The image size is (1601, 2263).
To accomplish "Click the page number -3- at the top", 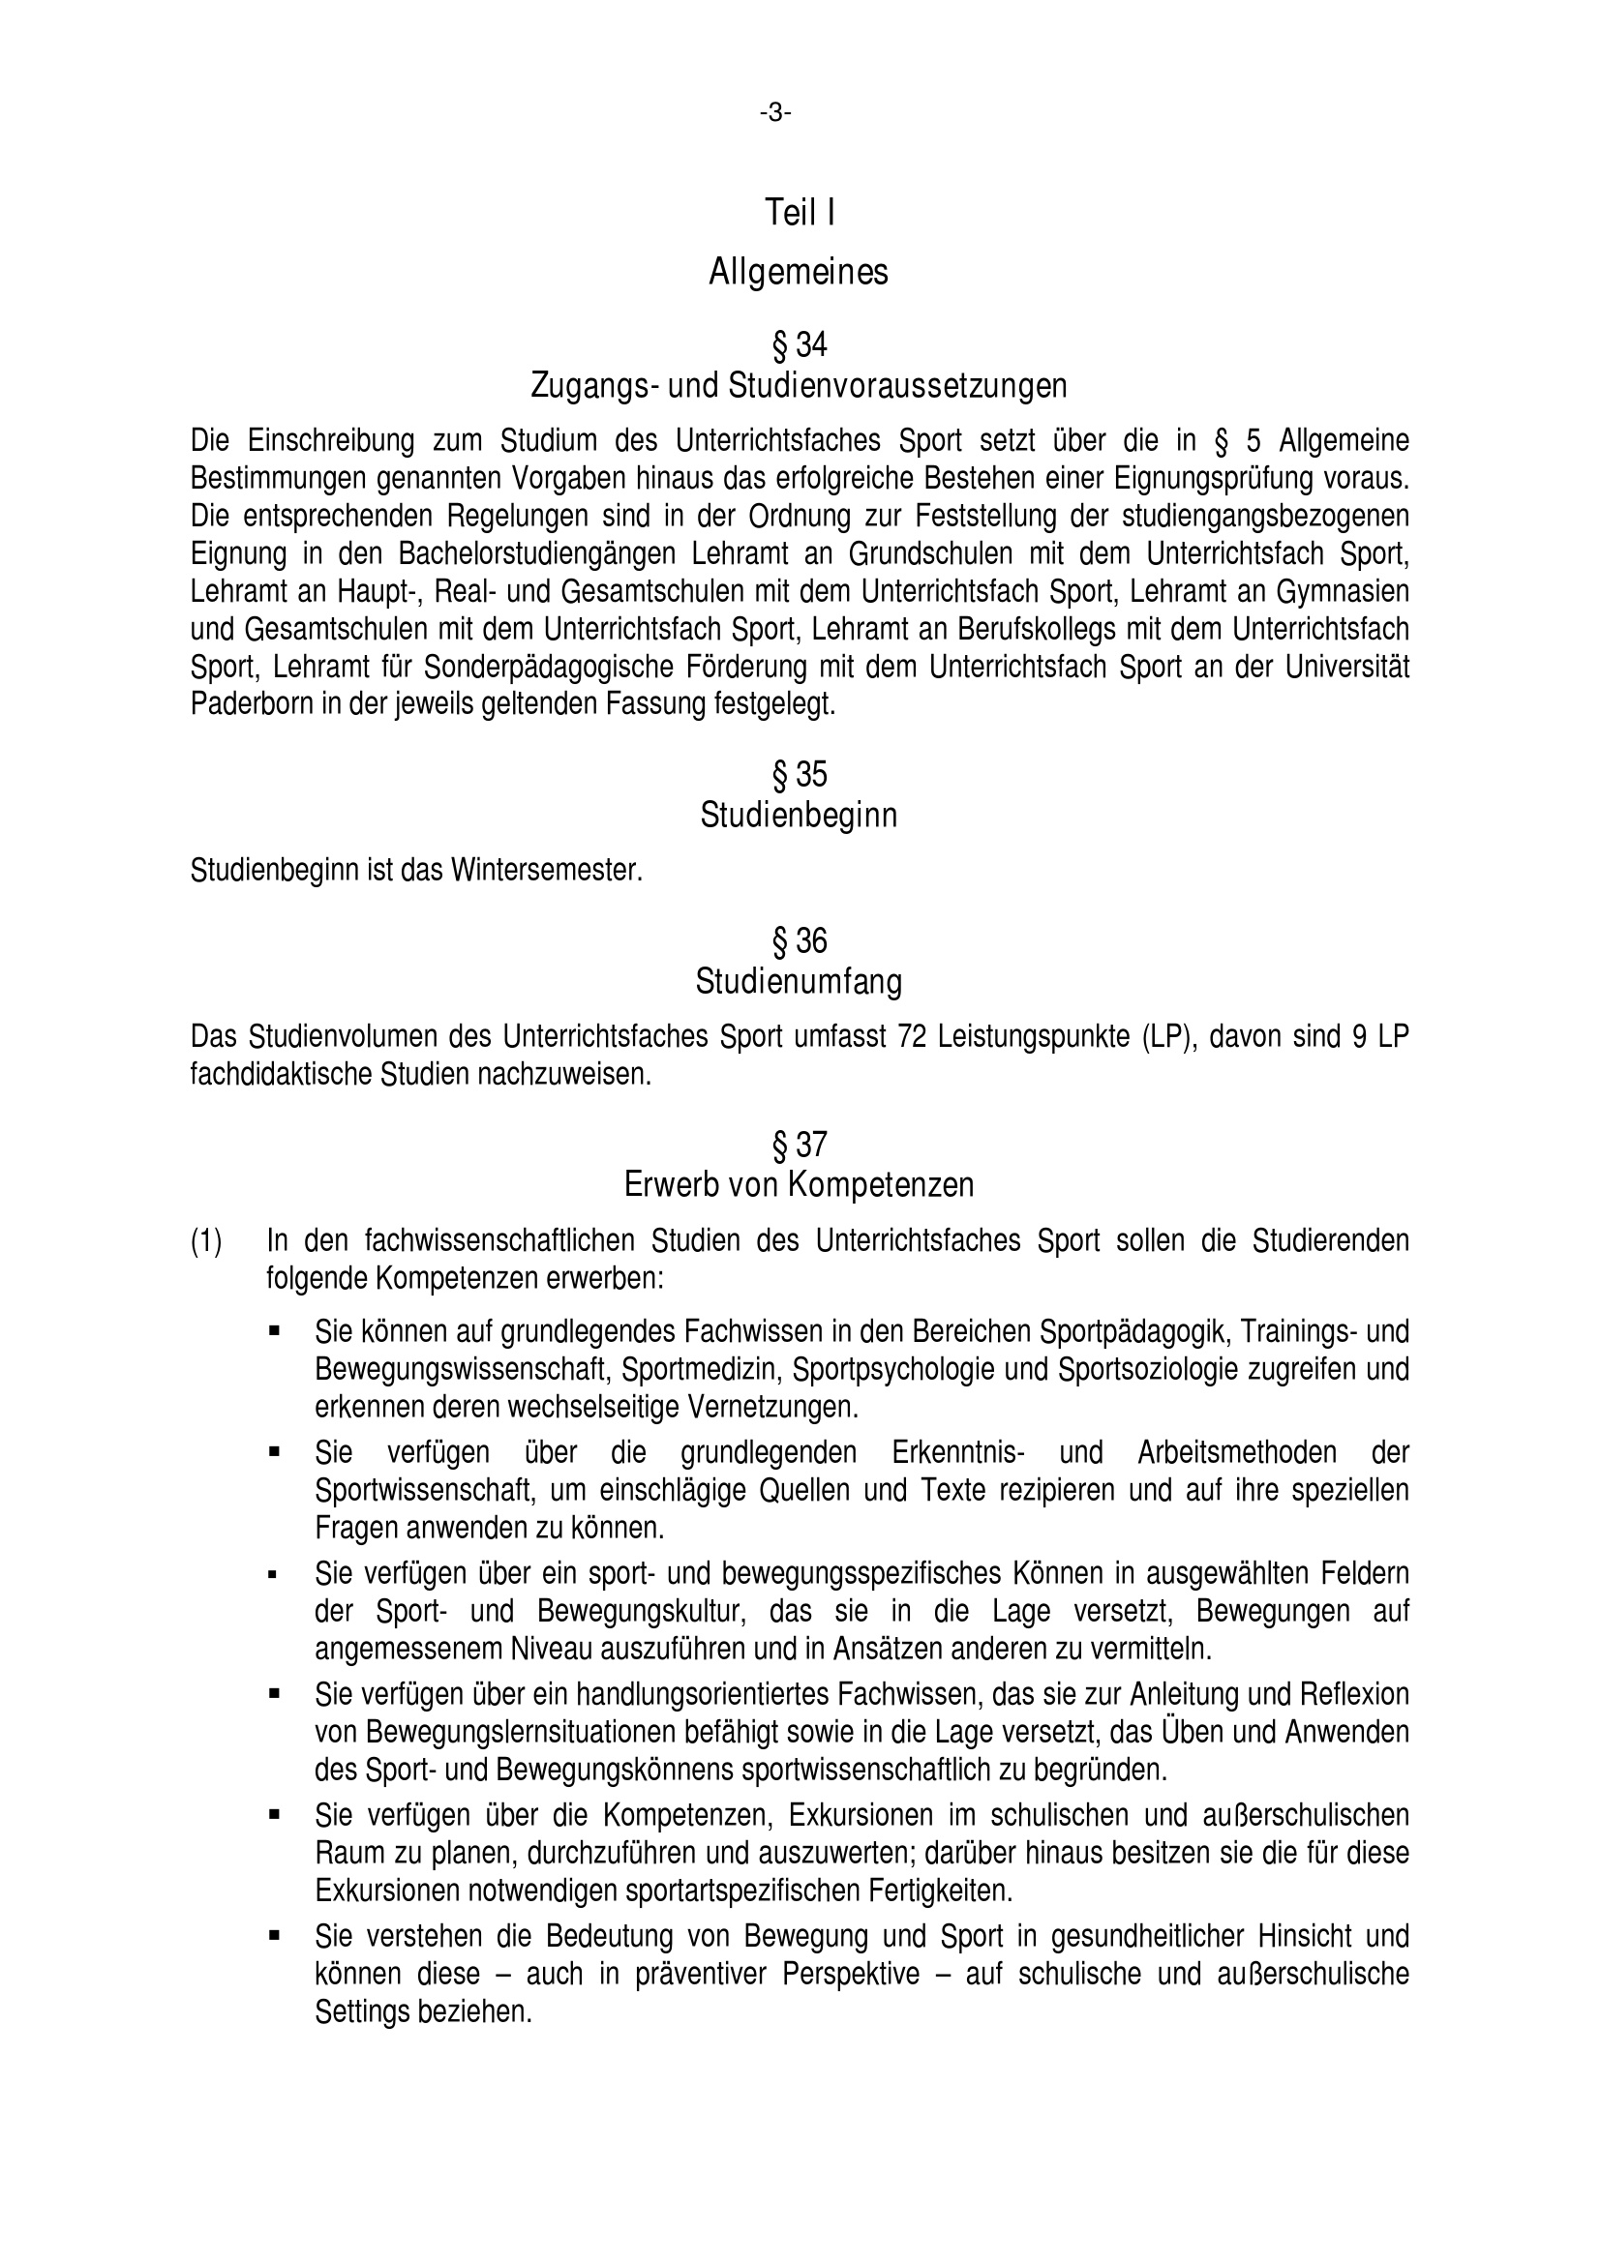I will coord(776,114).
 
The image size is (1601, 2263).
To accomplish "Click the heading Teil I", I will coord(800,212).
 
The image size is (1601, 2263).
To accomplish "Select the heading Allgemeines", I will coord(799,272).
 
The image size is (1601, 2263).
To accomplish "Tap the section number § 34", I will coord(800,345).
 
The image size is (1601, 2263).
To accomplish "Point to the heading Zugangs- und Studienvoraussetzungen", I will coord(799,385).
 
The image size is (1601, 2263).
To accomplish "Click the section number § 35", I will coord(800,776).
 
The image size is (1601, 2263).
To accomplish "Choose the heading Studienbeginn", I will coord(799,817).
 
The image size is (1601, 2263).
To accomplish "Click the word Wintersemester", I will coord(546,871).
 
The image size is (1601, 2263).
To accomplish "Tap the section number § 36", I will coord(800,942).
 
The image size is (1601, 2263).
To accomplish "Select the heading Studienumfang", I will coord(799,982).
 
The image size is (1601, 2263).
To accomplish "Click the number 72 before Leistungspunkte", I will coord(912,1037).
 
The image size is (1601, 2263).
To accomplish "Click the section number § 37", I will coord(800,1146).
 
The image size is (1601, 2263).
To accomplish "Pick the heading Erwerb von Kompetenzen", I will coord(799,1185).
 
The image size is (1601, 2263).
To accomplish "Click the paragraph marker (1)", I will coord(206,1241).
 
